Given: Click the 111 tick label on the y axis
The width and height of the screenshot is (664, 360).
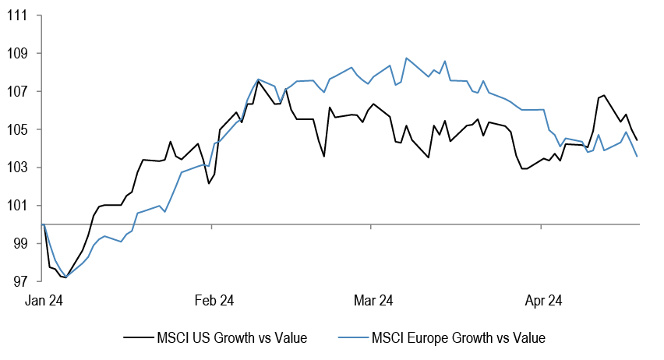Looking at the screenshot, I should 19,16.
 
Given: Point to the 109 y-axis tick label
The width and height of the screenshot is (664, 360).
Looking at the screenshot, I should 19,54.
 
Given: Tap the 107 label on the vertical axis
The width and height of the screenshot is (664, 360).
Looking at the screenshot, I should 19,91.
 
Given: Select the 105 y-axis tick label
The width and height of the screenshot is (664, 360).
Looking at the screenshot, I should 19,129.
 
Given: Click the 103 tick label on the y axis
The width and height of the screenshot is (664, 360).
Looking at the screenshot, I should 19,168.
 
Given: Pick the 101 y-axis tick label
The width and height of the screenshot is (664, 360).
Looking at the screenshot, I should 19,206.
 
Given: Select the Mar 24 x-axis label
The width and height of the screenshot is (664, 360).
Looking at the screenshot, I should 374,300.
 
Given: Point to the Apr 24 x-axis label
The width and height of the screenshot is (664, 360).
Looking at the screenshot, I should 543,300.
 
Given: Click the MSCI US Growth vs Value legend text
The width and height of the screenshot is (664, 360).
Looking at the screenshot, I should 233,338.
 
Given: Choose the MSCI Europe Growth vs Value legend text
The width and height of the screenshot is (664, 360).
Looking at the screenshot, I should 458,338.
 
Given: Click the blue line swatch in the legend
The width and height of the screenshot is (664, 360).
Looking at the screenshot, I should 352,338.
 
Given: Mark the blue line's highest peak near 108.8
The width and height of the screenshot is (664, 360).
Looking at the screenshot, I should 406,58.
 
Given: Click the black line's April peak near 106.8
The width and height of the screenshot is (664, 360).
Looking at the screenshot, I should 603,95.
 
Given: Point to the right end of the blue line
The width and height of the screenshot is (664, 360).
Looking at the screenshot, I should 638,157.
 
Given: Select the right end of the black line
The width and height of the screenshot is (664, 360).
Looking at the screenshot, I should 638,140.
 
